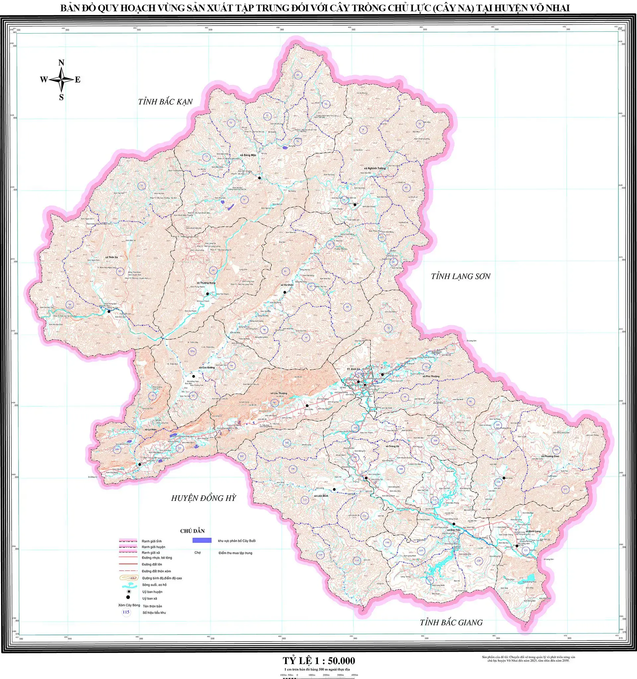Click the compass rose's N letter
(61, 62)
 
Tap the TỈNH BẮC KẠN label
(165, 102)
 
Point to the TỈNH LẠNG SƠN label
(460, 276)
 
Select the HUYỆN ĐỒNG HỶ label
(204, 498)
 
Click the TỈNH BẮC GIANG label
(451, 623)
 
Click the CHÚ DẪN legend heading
(192, 531)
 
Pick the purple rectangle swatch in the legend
(202, 540)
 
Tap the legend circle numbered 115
(126, 612)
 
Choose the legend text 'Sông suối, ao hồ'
(154, 585)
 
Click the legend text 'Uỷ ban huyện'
(152, 591)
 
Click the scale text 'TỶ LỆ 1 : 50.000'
(319, 660)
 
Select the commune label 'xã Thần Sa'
(111, 257)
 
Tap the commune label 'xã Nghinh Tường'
(374, 169)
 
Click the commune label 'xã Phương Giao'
(550, 456)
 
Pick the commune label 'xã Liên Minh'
(321, 496)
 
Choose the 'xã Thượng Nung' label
(206, 283)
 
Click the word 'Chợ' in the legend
(197, 552)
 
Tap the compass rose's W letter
(43, 80)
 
